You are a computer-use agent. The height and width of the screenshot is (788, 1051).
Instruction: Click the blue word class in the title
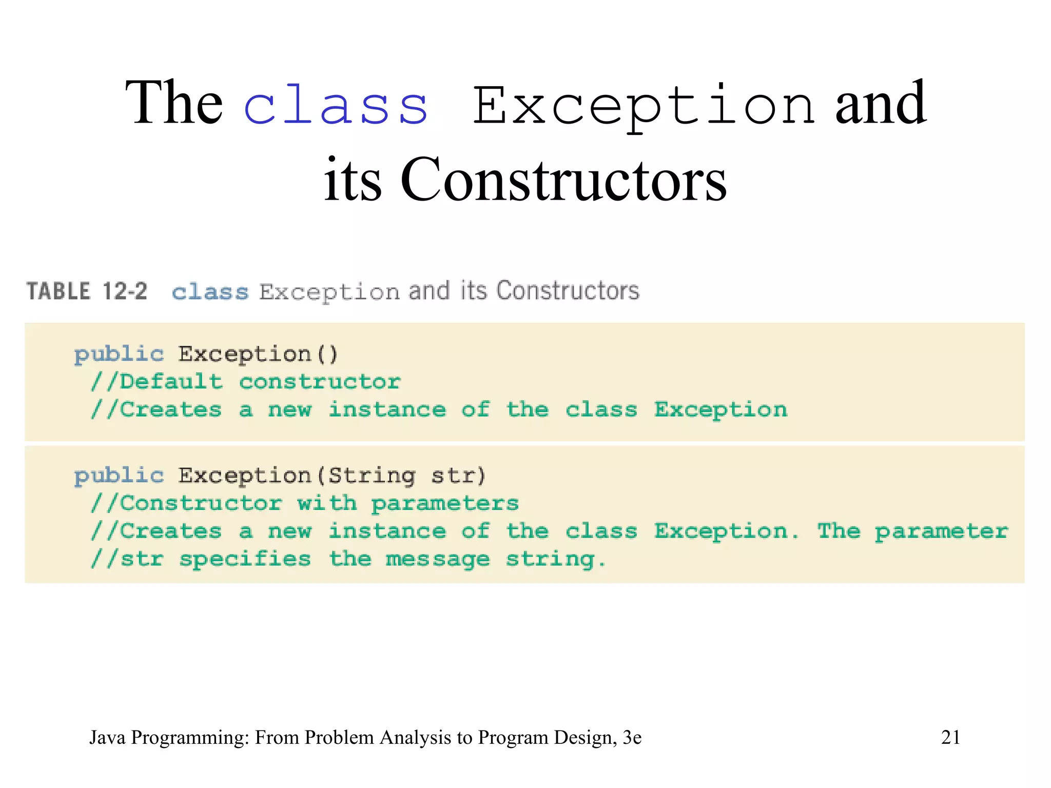[x=336, y=105]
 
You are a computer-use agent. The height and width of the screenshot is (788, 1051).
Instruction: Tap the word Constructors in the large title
[x=563, y=180]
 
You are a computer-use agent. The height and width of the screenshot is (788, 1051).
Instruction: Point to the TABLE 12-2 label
[x=87, y=291]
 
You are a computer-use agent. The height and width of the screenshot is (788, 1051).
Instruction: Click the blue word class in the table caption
[x=210, y=292]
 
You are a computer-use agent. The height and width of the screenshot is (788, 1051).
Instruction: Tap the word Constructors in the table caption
[x=568, y=291]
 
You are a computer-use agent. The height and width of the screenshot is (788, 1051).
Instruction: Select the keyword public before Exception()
[x=119, y=354]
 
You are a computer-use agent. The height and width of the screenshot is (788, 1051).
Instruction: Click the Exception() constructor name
[x=258, y=354]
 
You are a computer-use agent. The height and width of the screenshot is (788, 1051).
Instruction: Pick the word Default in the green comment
[x=171, y=382]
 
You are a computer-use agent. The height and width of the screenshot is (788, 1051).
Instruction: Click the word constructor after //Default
[x=320, y=382]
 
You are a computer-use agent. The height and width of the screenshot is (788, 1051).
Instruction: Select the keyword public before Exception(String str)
[x=119, y=476]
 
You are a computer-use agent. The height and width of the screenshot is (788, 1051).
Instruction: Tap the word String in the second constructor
[x=372, y=476]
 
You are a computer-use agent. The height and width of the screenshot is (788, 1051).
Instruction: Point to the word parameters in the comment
[x=445, y=504]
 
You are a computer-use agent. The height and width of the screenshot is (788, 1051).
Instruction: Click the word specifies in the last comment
[x=245, y=559]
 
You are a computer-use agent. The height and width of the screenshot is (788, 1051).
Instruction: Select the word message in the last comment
[x=438, y=559]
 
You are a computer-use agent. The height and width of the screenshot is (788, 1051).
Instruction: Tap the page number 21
[x=950, y=737]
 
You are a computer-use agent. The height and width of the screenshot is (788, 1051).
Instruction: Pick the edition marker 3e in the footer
[x=632, y=737]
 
